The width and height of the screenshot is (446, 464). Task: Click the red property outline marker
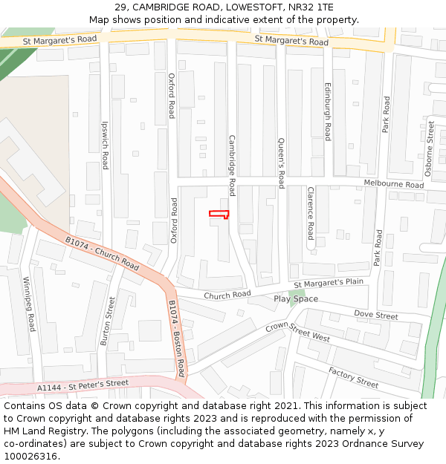(219, 215)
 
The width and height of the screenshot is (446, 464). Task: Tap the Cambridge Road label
(232, 165)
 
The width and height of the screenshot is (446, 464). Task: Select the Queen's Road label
(281, 163)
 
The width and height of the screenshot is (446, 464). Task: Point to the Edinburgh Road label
(327, 111)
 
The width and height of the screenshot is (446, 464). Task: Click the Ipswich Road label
(106, 145)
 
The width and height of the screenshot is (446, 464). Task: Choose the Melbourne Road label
(393, 184)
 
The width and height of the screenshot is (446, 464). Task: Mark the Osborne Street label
(430, 148)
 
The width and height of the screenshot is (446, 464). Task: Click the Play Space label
(296, 299)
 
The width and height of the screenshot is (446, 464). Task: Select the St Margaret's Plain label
(329, 284)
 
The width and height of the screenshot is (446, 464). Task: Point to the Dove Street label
(376, 316)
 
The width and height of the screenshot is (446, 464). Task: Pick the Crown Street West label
(297, 332)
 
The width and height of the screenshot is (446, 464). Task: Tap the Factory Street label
(354, 377)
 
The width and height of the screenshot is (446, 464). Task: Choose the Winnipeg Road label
(29, 304)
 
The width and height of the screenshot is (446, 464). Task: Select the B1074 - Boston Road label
(176, 339)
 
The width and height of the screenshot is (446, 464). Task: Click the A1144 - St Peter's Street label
(83, 386)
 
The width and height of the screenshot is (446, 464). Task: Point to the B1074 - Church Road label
(102, 253)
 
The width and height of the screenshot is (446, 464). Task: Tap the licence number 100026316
(32, 457)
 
